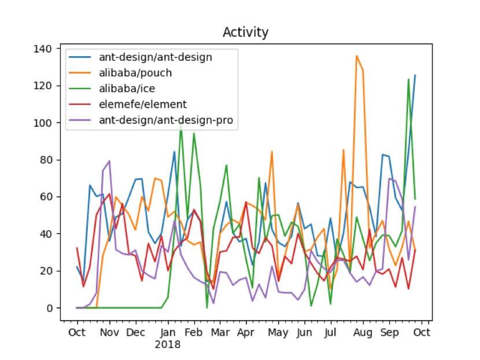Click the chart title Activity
tap(245, 32)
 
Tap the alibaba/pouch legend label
tap(136, 73)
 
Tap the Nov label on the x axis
tap(109, 333)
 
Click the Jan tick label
tap(168, 333)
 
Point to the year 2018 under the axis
tap(168, 344)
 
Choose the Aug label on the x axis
tap(363, 333)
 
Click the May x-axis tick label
tap(278, 333)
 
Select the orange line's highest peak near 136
tap(357, 56)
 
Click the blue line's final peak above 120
tap(415, 75)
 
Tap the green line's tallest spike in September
tap(408, 79)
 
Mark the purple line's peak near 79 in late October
tap(109, 161)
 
